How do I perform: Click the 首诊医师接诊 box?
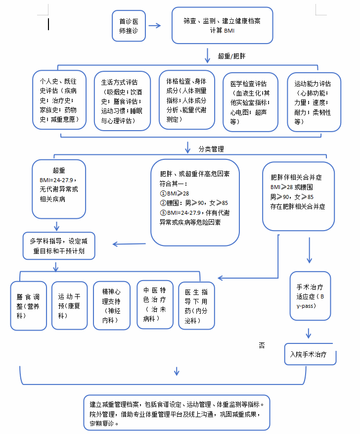pos(129,26)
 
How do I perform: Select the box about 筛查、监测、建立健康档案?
pos(222,26)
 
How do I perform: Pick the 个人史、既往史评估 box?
pos(59,100)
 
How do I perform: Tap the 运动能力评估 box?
pos(314,102)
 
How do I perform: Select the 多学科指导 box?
pos(59,245)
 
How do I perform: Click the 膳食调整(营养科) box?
pos(29,305)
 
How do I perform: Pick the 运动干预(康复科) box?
pos(69,305)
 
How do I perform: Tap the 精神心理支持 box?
pos(111,305)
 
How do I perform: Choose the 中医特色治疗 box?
pos(155,304)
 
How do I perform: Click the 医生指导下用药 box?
pos(196,305)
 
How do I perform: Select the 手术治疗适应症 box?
pos(310,297)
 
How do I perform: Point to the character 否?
pos(262,345)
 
